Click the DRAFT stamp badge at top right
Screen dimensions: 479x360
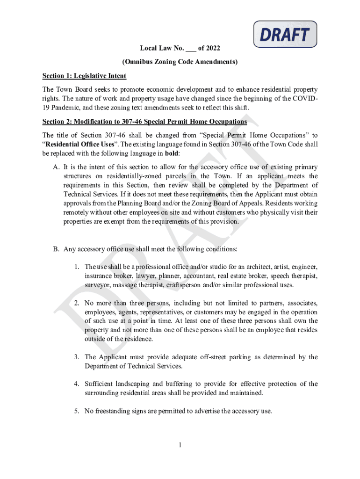tap(285, 35)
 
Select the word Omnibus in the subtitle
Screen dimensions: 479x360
tap(138, 62)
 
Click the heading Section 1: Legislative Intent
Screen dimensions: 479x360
tap(84, 76)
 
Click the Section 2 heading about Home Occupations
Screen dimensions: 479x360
tap(144, 122)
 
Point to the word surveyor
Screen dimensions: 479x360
tap(97, 285)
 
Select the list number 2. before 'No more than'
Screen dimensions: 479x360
tap(77, 303)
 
